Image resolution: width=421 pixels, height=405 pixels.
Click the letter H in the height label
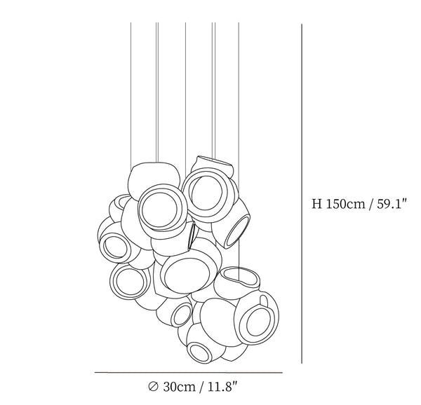tap(316, 204)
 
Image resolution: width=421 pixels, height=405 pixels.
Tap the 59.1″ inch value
tap(392, 204)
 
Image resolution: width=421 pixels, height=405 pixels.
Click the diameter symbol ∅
tap(153, 387)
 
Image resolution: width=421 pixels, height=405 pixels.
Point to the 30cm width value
tap(179, 387)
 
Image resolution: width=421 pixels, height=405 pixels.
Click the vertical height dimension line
tap(302, 193)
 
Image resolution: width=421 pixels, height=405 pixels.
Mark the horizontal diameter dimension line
tap(189, 372)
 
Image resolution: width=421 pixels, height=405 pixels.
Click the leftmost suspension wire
tap(131, 97)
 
